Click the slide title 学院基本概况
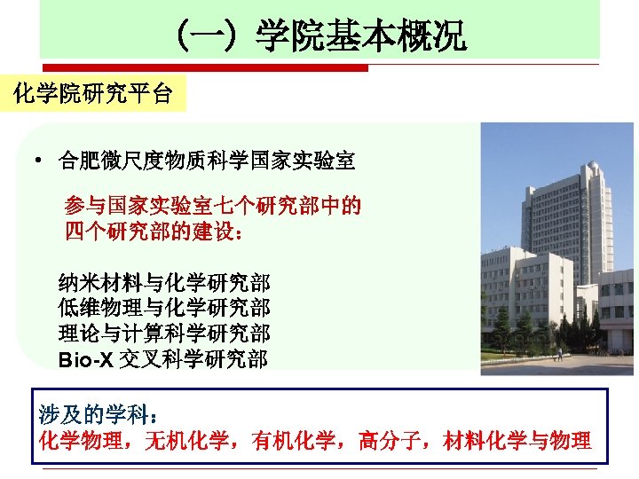360,38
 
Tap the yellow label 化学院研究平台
93,92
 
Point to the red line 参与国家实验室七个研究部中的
213,207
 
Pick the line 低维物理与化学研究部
164,309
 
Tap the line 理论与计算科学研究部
164,334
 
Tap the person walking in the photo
560,353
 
